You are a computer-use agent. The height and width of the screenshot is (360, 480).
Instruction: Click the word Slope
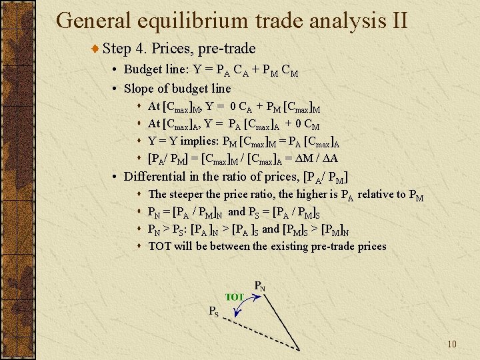pos(139,88)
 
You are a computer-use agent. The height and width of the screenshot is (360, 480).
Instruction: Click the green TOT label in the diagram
pos(234,297)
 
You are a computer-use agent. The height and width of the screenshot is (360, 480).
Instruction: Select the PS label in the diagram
pos(213,311)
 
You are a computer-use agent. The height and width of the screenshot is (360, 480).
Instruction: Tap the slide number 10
pos(451,344)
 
